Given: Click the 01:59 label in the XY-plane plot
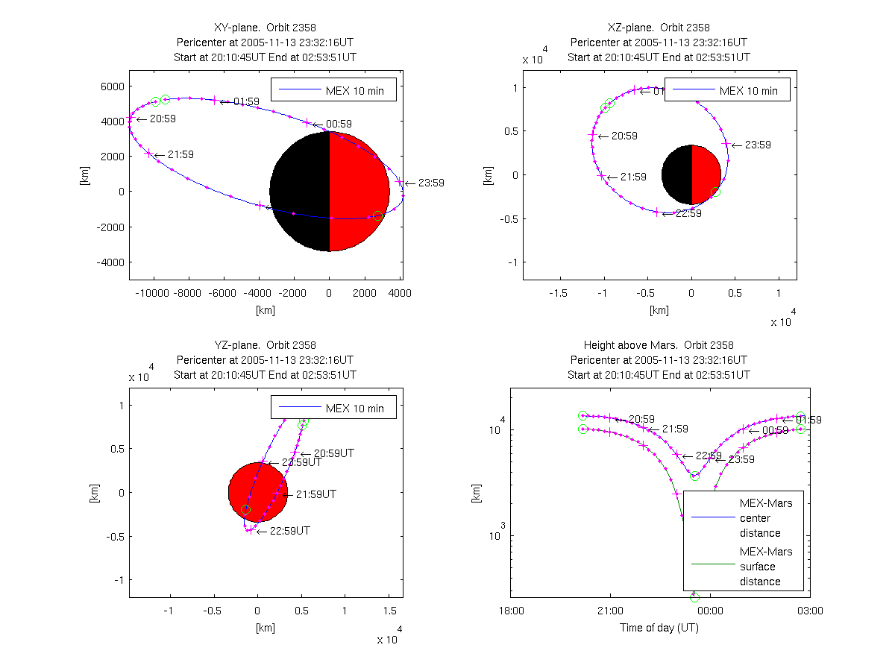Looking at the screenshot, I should click(x=246, y=101).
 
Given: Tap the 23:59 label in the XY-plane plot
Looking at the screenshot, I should click(x=431, y=183).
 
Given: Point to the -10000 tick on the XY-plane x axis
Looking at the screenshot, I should click(x=154, y=293).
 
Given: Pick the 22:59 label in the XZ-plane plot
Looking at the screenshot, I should click(x=688, y=213).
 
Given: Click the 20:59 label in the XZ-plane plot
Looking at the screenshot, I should click(x=624, y=136).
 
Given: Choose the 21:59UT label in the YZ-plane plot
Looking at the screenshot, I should click(x=315, y=494).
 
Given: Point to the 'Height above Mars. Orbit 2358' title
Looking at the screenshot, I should click(x=659, y=345).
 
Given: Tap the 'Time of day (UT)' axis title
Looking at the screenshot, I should click(x=659, y=628).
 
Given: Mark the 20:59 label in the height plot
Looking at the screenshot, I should click(x=641, y=419).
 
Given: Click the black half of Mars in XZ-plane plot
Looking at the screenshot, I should click(x=676, y=174).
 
